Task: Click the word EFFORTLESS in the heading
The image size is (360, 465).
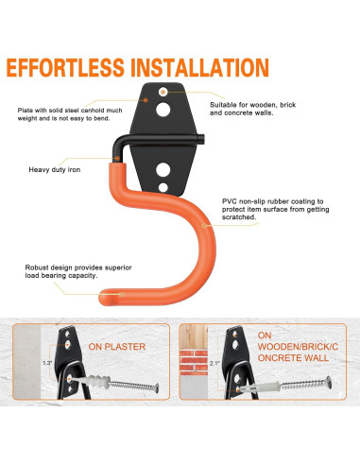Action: click(x=65, y=68)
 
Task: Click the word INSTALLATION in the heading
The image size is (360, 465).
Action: click(x=199, y=68)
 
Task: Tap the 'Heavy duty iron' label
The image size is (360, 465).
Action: click(x=55, y=170)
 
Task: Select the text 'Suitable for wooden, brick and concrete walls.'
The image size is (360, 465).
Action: click(x=253, y=109)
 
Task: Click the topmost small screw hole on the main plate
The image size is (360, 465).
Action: click(x=163, y=92)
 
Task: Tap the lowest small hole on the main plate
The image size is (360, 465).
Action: click(x=163, y=187)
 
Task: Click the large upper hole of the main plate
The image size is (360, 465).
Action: click(x=163, y=110)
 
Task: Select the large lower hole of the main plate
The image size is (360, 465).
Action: click(x=163, y=169)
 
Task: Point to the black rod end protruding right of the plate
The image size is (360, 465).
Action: click(x=200, y=139)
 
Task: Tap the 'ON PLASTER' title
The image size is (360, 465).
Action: click(x=117, y=347)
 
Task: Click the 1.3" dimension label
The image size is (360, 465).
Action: click(x=47, y=363)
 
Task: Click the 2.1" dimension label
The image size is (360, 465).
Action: click(x=214, y=363)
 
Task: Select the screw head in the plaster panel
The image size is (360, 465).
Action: click(x=157, y=388)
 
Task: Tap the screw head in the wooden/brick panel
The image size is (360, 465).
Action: click(x=329, y=382)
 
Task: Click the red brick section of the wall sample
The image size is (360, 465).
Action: click(x=194, y=362)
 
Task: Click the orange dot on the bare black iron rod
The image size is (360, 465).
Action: click(x=117, y=158)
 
